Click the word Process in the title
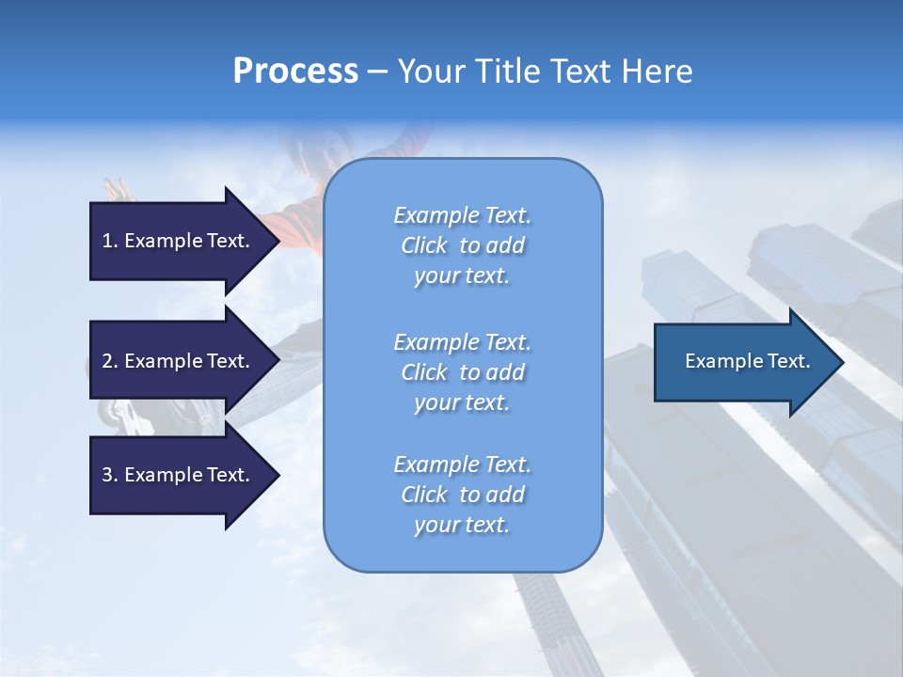click(x=295, y=71)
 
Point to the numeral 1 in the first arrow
click(x=107, y=241)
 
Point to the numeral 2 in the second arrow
click(x=107, y=361)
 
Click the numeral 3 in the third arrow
click(x=107, y=475)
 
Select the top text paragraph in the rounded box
click(x=462, y=245)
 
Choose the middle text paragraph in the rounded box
click(x=462, y=372)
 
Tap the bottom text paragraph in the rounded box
click(x=462, y=495)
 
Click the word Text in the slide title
click(x=581, y=71)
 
